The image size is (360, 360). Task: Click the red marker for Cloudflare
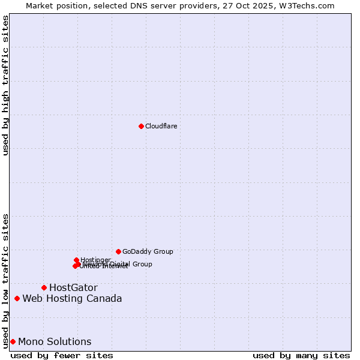(141, 126)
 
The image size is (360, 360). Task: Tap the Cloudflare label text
(161, 126)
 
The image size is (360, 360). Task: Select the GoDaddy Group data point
(118, 251)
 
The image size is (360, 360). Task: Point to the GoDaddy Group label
(148, 251)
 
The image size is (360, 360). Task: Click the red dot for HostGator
(44, 287)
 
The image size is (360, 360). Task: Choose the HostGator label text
(73, 287)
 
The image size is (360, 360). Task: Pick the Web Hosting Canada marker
(17, 298)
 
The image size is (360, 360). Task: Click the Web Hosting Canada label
(72, 298)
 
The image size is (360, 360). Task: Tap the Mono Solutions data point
(13, 341)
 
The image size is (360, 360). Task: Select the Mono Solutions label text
(55, 341)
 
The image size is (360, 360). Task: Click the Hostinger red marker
(77, 260)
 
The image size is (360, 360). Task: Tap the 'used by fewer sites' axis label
(62, 355)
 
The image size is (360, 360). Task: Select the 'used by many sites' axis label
(301, 355)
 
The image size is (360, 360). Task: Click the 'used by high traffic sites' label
(5, 85)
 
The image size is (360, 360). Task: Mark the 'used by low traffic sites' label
(5, 280)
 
